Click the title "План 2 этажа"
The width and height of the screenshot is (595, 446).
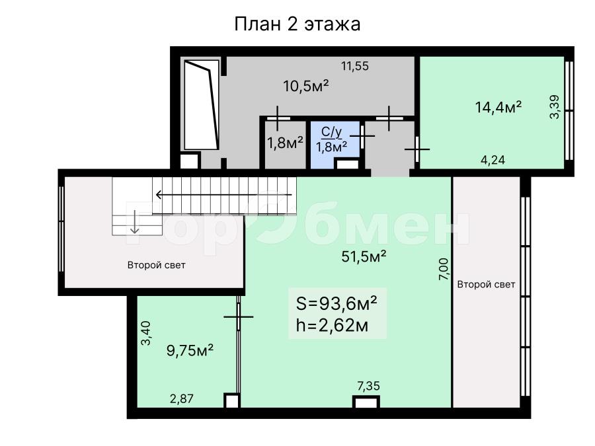[x=297, y=24]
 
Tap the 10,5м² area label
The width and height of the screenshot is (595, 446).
[x=306, y=87]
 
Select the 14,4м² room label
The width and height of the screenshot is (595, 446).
[x=498, y=107]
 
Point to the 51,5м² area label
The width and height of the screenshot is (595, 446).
[x=364, y=257]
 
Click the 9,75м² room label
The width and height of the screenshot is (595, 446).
[x=190, y=350]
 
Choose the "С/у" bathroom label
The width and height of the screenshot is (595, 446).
[x=332, y=132]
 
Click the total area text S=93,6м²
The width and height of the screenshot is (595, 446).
[x=337, y=303]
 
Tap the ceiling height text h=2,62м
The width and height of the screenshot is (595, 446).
[x=332, y=325]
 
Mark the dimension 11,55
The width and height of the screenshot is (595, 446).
[x=355, y=66]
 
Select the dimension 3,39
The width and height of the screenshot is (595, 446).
[x=555, y=107]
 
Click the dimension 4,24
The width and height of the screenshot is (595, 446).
[x=493, y=160]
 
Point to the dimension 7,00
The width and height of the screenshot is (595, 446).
[x=444, y=270]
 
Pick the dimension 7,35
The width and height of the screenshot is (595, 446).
[x=368, y=386]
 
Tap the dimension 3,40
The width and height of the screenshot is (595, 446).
[x=146, y=333]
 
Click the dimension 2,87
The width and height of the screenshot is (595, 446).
[x=181, y=399]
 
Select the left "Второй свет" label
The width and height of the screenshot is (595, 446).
[x=156, y=265]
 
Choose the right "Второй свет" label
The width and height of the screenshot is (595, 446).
[x=486, y=284]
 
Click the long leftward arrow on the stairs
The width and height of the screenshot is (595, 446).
[x=224, y=195]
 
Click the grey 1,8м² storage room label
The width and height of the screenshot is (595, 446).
[x=285, y=143]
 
